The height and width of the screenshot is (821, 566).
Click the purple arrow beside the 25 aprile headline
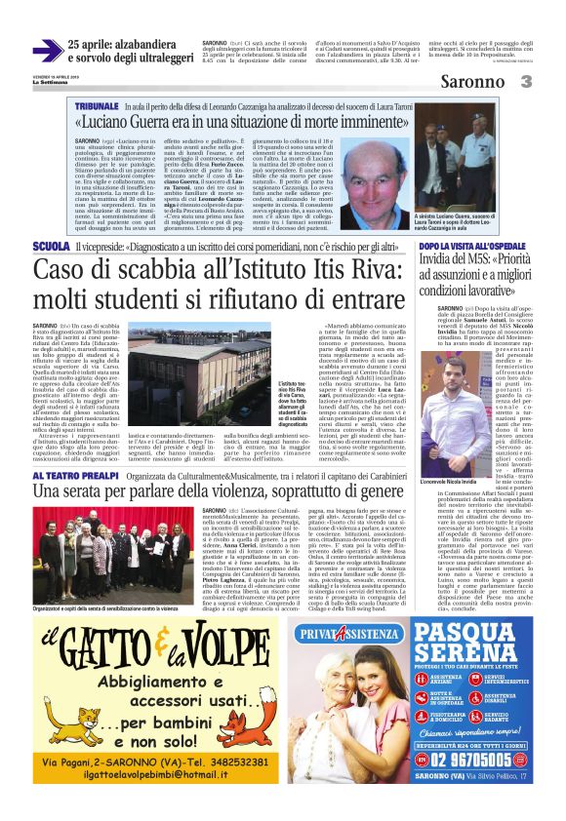[47, 51]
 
